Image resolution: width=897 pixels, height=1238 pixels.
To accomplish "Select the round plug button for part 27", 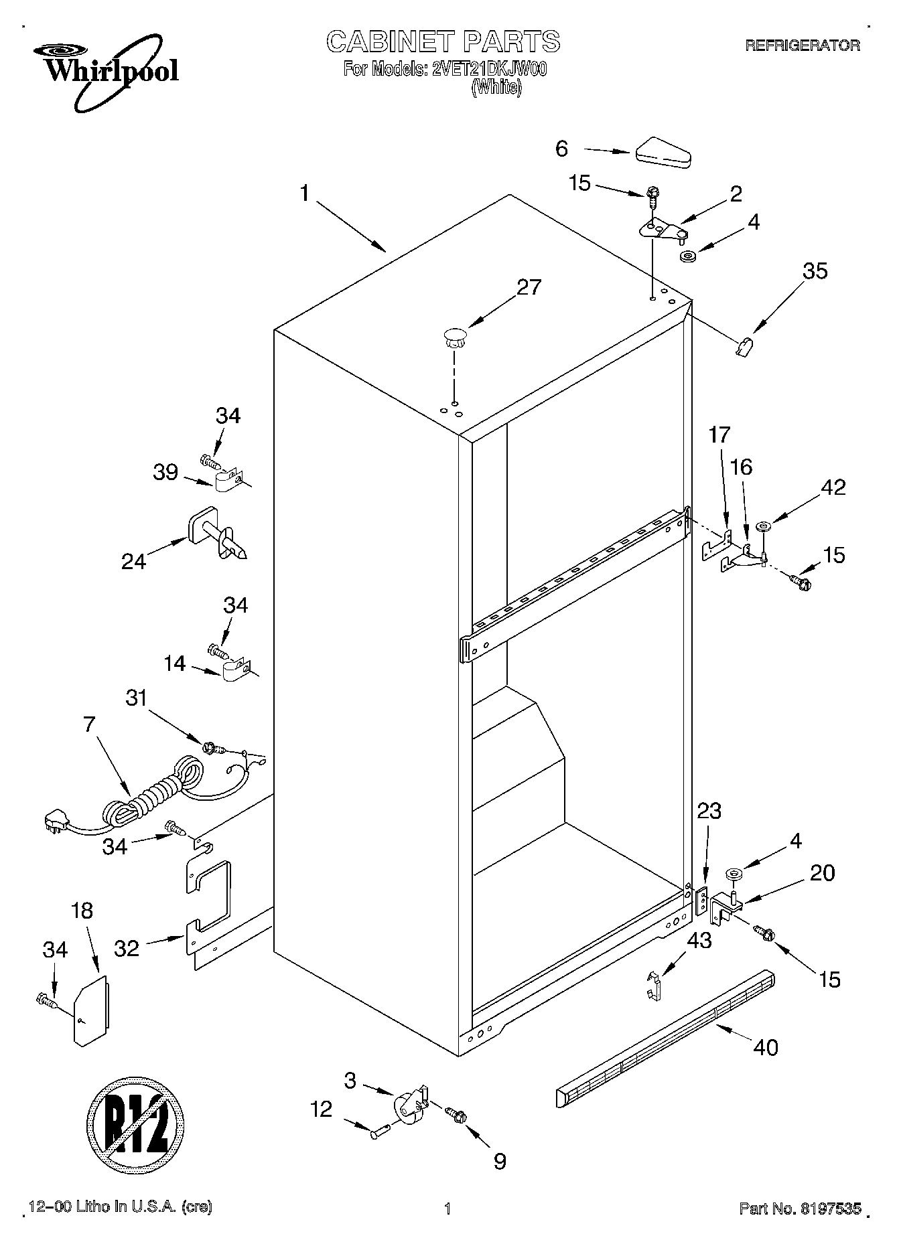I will click(454, 335).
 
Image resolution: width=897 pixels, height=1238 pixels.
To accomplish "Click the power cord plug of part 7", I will click(56, 822).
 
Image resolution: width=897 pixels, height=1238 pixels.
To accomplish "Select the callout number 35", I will click(815, 271).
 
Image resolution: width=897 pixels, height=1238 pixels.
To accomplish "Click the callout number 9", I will click(500, 1162).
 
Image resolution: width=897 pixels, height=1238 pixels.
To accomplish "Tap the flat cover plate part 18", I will click(90, 1012).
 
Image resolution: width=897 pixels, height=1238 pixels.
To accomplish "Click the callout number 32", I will click(126, 948).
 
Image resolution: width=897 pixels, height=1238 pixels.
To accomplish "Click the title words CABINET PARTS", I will click(443, 42).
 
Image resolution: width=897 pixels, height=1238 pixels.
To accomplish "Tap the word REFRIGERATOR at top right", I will click(803, 46).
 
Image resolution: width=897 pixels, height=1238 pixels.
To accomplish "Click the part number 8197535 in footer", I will click(830, 1209).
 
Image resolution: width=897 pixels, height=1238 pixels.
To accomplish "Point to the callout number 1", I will click(305, 194).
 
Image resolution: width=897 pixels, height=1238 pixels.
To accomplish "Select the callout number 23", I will click(709, 811).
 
